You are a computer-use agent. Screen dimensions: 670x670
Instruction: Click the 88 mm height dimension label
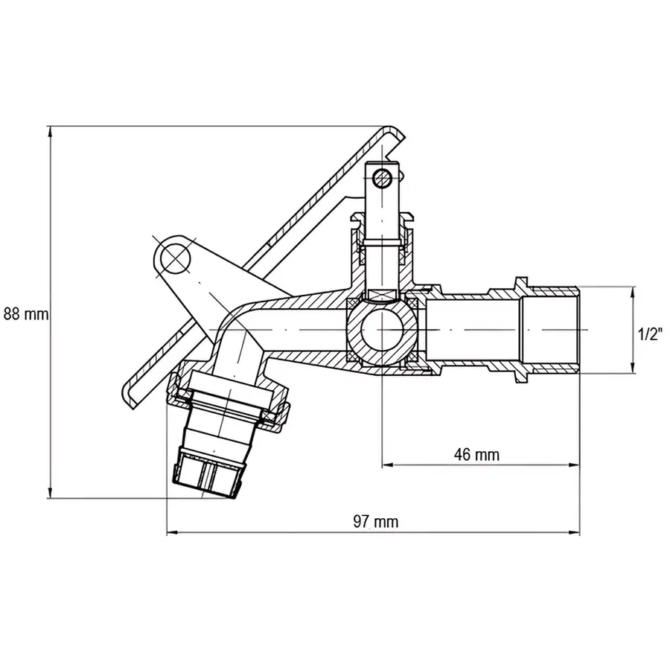point(25,313)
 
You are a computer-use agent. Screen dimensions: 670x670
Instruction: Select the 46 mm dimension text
point(476,454)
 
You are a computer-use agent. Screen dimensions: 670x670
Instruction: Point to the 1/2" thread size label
point(650,334)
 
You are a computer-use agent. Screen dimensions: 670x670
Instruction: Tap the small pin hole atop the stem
point(383,177)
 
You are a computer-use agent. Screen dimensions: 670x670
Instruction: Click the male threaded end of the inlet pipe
point(555,328)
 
